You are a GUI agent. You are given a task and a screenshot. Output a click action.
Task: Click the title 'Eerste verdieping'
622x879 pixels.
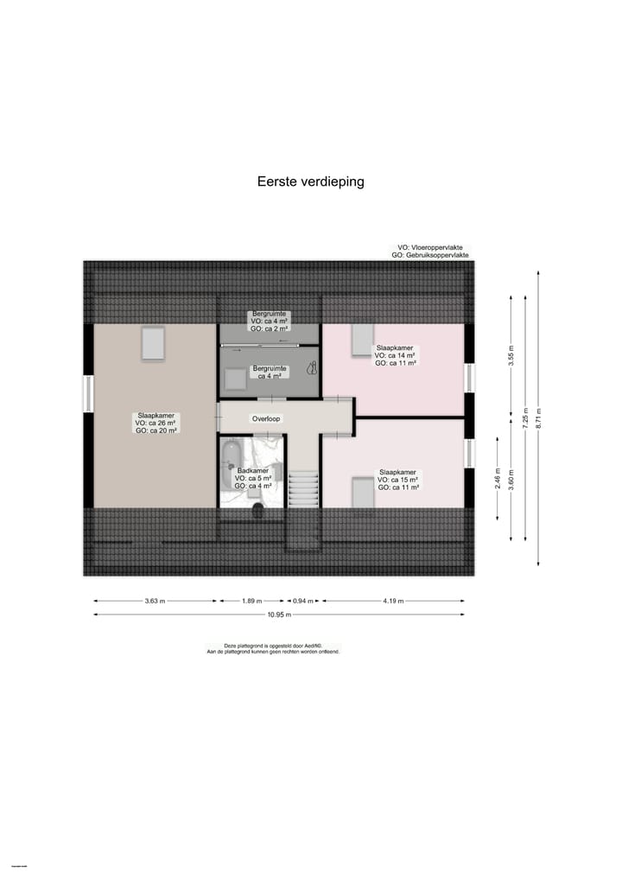311,182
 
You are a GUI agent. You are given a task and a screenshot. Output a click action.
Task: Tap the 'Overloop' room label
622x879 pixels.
266,418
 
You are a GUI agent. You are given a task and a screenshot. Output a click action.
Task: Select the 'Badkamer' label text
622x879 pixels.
254,471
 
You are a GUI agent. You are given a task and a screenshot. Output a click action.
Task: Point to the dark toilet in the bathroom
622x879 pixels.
257,510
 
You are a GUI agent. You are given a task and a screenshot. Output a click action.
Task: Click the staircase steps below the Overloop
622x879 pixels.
302,489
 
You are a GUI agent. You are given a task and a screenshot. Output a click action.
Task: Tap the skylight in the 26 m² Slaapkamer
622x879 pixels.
152,343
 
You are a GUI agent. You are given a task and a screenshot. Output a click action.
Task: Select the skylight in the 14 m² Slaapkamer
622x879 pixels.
362,341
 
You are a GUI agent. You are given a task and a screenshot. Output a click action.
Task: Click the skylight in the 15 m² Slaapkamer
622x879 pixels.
362,492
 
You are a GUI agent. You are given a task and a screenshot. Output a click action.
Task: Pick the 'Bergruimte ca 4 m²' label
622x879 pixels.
269,372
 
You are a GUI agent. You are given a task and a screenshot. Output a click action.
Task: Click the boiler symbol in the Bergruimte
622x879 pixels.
311,367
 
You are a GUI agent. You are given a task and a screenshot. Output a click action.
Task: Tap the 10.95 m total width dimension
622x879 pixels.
279,615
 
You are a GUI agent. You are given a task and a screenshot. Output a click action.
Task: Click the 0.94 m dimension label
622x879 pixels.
302,601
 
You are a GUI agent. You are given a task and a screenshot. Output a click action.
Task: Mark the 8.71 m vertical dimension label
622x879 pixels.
538,417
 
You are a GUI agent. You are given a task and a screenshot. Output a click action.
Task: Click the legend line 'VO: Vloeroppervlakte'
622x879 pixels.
430,247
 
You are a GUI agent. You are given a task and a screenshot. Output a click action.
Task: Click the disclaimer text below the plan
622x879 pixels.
273,648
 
